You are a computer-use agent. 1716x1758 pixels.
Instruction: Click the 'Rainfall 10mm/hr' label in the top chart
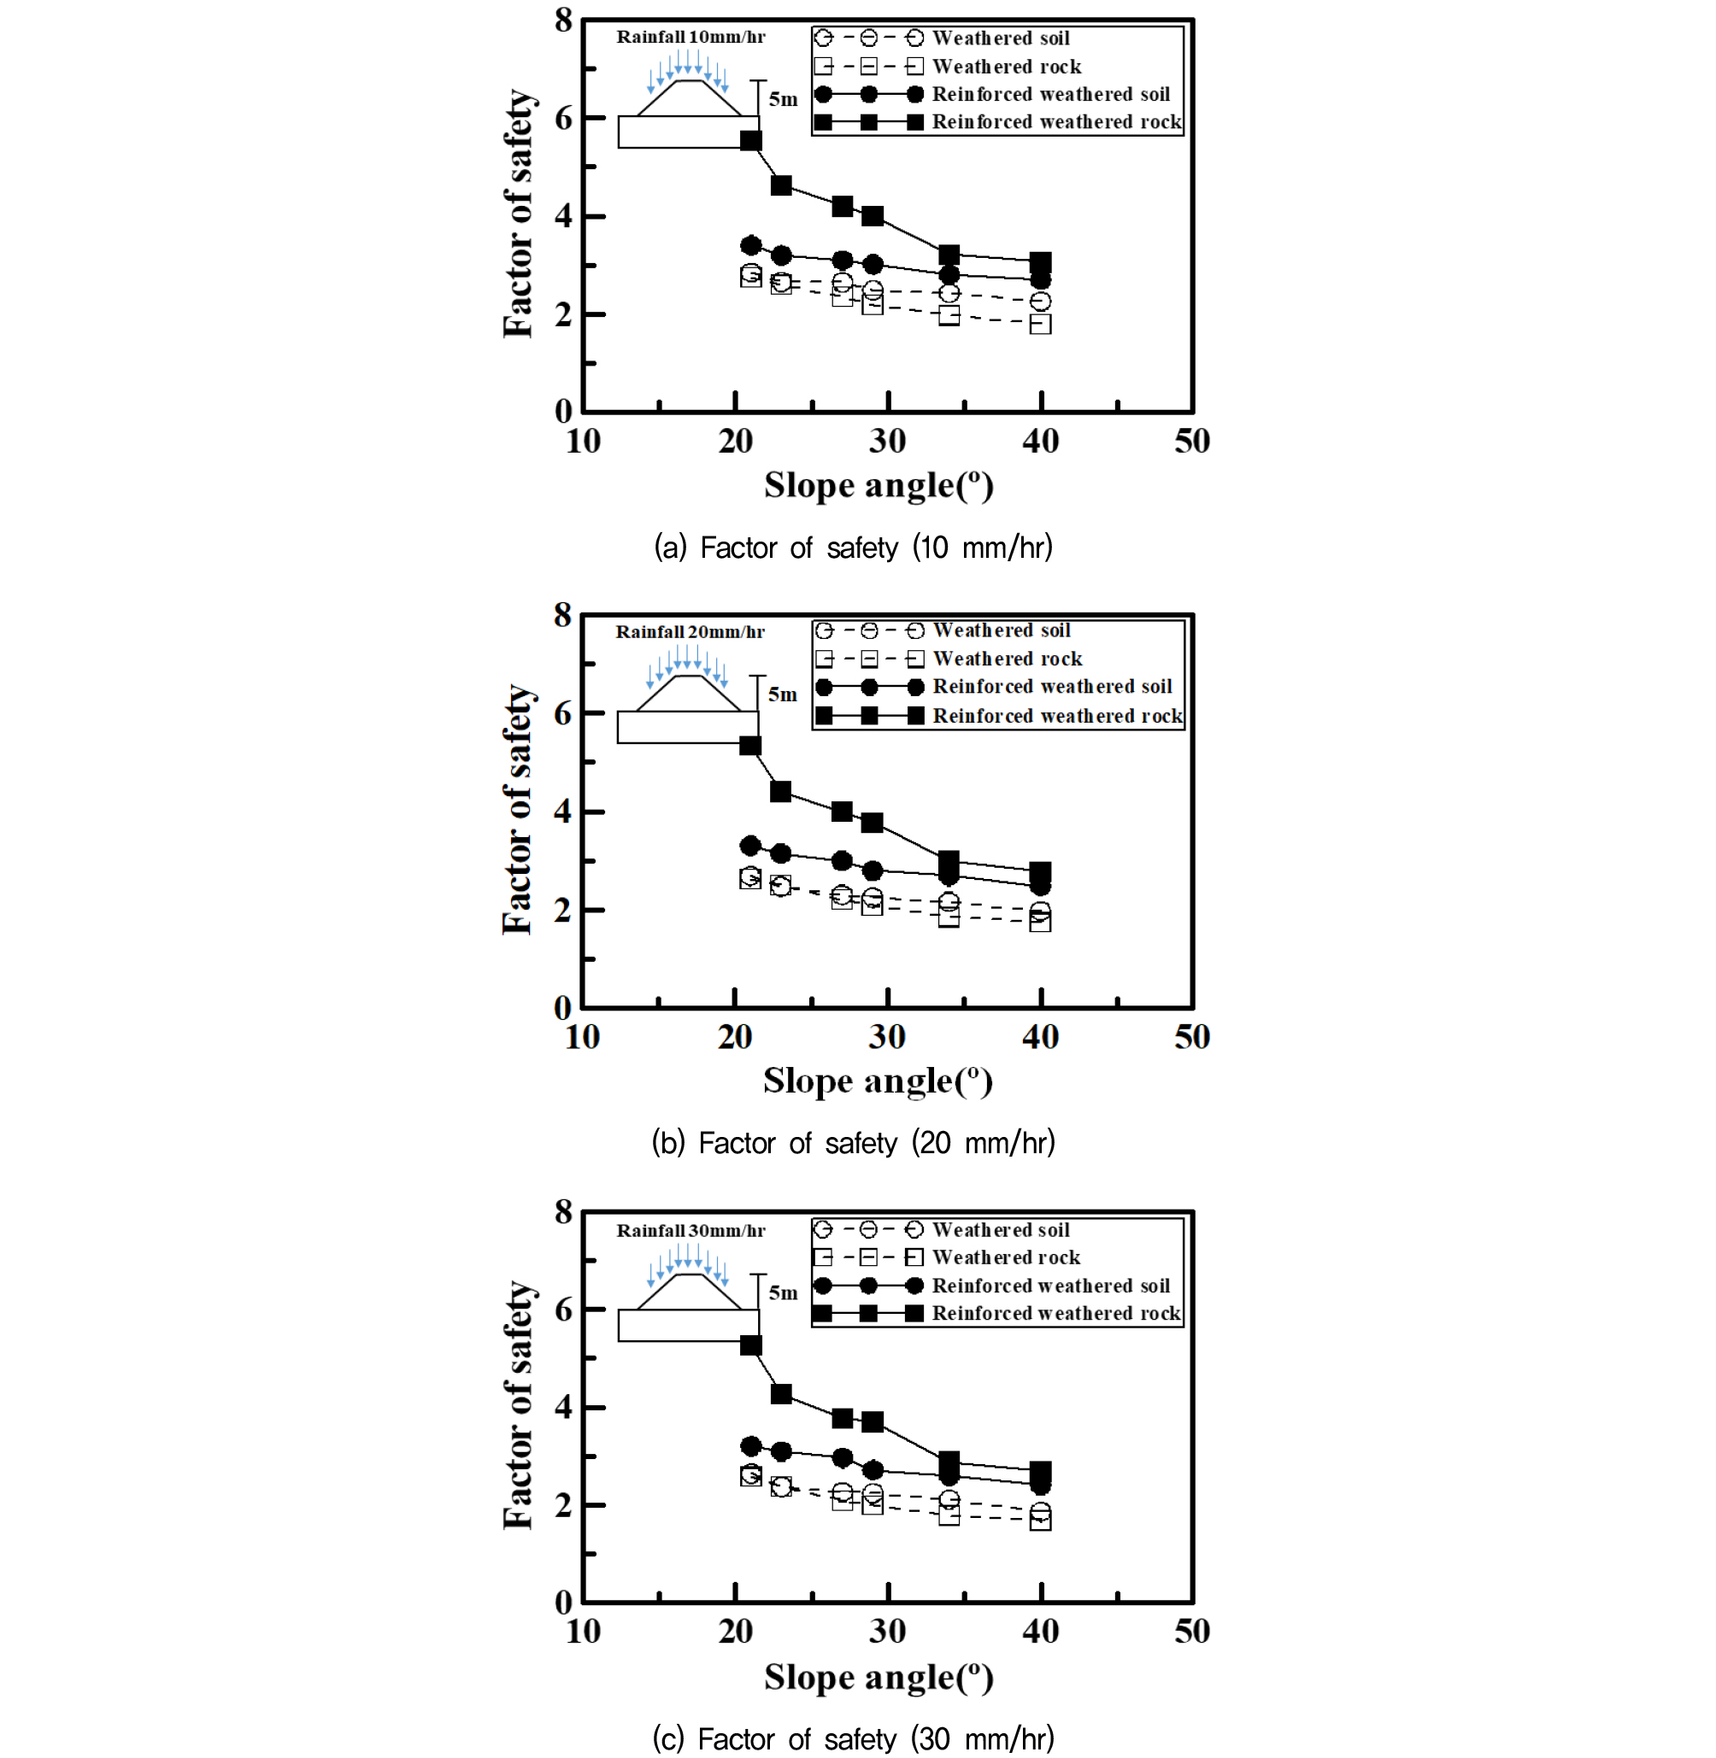[691, 37]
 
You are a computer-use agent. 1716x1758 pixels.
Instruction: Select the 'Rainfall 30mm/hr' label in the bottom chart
[691, 1231]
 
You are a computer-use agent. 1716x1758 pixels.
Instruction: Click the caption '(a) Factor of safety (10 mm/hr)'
[853, 547]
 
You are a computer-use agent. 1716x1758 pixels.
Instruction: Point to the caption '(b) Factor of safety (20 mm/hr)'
[853, 1143]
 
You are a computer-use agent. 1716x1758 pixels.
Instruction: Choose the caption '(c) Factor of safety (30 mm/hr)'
[853, 1738]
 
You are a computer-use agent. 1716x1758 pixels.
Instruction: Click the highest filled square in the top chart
[750, 141]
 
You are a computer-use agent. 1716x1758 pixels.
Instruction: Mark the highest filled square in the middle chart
[749, 746]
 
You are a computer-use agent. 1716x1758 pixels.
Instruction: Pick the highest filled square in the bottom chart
[750, 1345]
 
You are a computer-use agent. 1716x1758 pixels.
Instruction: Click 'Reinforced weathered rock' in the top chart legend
[1055, 122]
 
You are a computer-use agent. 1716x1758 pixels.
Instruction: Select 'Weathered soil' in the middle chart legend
[1002, 630]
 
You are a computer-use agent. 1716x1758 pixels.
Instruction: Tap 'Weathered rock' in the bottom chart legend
[1006, 1258]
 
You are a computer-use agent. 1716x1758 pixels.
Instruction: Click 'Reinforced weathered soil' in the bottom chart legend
[1050, 1286]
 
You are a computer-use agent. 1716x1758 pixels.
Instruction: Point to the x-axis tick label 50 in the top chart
[1191, 442]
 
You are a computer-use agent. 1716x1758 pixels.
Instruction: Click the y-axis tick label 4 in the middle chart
[563, 812]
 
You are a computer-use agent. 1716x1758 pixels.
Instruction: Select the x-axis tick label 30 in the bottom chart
[888, 1632]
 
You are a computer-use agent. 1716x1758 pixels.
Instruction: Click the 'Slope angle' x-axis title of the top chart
[879, 486]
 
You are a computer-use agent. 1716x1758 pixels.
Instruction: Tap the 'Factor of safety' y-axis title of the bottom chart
[518, 1405]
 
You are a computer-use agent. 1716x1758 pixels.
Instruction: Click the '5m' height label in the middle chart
[782, 694]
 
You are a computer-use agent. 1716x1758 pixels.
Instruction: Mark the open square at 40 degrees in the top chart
[1040, 324]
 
